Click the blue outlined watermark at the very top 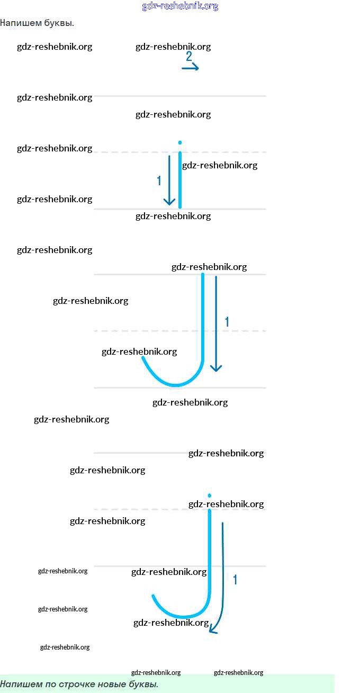pyautogui.click(x=180, y=6)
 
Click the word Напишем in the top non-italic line pyautogui.click(x=21, y=23)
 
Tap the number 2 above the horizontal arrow pyautogui.click(x=188, y=56)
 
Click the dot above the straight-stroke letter pyautogui.click(x=179, y=142)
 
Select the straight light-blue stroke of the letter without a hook pyautogui.click(x=180, y=180)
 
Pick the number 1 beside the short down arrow pyautogui.click(x=159, y=181)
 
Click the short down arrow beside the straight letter pyautogui.click(x=169, y=181)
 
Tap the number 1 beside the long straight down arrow pyautogui.click(x=227, y=322)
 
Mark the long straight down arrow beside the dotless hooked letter pyautogui.click(x=216, y=323)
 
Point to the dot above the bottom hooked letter pyautogui.click(x=209, y=496)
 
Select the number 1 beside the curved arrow pyautogui.click(x=235, y=580)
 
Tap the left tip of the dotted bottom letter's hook pyautogui.click(x=153, y=596)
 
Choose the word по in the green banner pyautogui.click(x=50, y=685)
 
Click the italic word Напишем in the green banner pyautogui.click(x=21, y=685)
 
